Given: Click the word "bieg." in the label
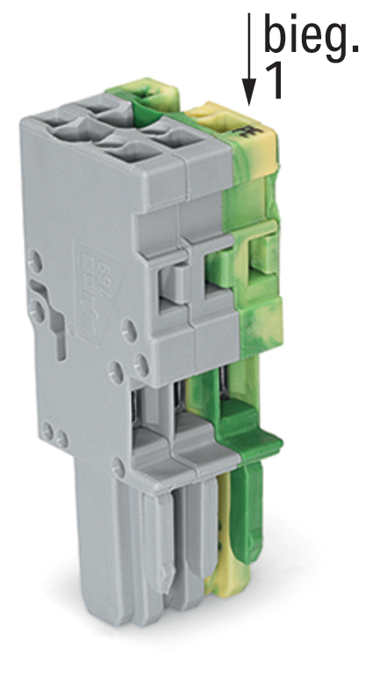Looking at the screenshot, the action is coord(311,37).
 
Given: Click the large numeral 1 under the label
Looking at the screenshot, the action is coord(275,81).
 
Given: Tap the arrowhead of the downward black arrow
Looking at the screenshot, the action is coord(249,92).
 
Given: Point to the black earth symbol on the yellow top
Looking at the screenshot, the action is coord(249,130).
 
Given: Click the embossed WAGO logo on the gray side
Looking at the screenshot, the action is coord(90,296).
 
